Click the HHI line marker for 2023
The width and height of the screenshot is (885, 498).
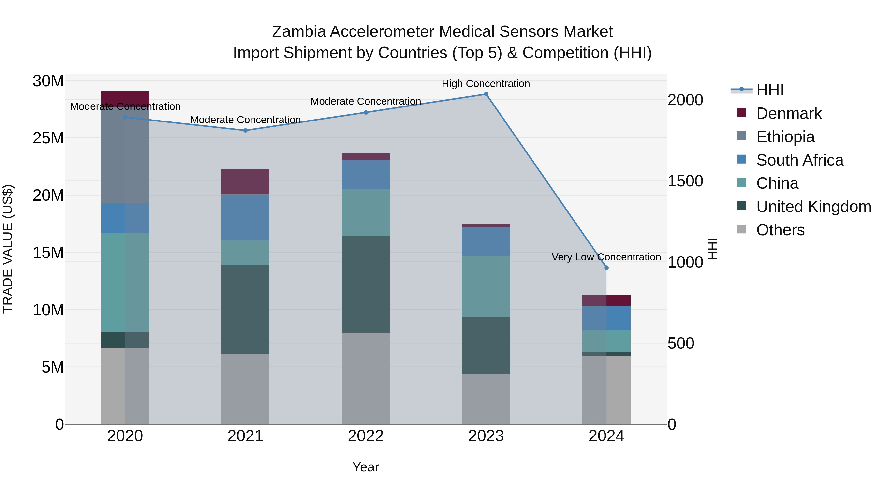pos(486,94)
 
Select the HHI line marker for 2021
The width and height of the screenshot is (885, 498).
pos(245,131)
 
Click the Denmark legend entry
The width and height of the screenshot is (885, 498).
pos(789,113)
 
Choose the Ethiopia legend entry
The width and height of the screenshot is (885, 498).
pos(785,137)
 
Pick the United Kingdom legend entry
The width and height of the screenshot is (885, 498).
pos(813,207)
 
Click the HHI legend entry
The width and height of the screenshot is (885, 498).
pos(769,90)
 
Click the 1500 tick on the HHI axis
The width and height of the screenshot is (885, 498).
pos(685,181)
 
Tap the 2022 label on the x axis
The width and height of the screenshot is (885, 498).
pos(366,436)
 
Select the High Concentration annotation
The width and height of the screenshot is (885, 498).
pos(486,84)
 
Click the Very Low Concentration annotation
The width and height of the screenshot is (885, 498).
pos(606,257)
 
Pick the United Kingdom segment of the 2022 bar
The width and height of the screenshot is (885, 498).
pos(366,284)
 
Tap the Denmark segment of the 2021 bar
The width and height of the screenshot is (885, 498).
pos(245,182)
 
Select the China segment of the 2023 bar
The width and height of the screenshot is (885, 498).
pos(486,286)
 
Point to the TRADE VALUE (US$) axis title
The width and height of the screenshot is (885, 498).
pos(8,249)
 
